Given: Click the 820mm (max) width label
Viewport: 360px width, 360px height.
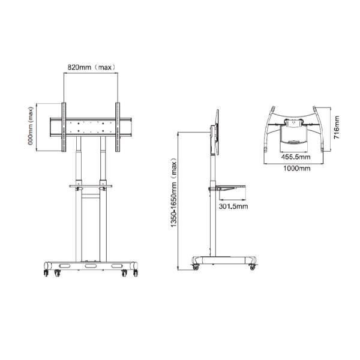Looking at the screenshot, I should [91, 67].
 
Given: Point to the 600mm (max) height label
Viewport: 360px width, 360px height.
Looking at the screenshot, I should [30, 127].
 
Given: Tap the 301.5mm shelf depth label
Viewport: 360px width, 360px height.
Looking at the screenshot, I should [234, 206].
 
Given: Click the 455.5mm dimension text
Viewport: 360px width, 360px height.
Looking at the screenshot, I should [296, 157].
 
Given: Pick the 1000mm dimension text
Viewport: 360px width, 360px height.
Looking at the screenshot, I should [296, 169].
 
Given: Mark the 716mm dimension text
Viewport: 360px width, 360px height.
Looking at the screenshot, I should [337, 127].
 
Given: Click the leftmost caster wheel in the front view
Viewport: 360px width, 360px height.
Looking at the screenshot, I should [46, 273].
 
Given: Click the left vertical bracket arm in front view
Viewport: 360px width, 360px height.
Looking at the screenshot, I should [63, 127].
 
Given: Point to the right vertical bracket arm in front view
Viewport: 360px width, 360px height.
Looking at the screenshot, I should [118, 127].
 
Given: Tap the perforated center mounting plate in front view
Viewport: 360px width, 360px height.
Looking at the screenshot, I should [91, 127].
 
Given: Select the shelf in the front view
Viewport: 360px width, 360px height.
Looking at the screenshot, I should [91, 185].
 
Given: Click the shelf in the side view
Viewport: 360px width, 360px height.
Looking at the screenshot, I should [228, 187].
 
